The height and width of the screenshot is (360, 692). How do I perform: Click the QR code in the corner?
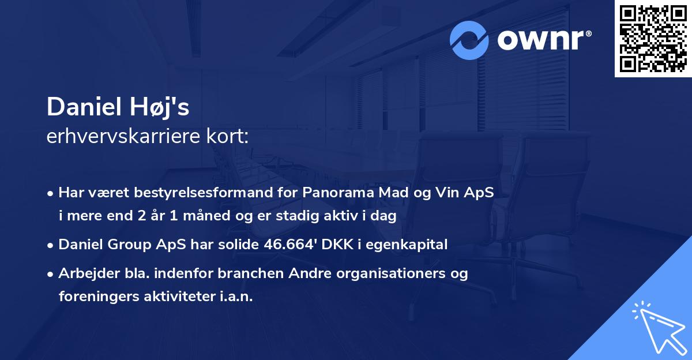click(x=653, y=38)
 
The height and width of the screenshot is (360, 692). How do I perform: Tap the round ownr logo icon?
click(x=469, y=40)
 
